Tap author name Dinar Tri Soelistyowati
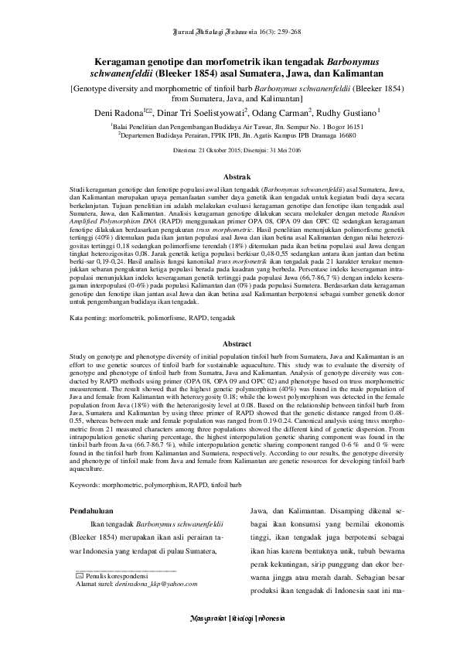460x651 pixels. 202,113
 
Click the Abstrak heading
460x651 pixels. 230,177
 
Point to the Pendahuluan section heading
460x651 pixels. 91,510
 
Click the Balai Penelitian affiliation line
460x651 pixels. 230,124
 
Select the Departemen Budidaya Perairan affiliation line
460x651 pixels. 230,134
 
